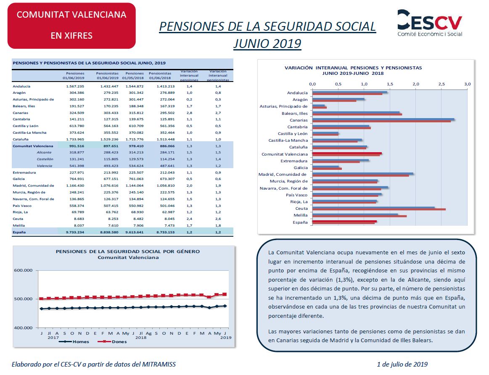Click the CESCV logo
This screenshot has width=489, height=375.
click(429, 23)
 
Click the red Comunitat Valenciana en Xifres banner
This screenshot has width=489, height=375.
click(71, 26)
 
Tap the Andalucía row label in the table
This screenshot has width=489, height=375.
click(21, 86)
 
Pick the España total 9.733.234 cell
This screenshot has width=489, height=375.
click(75, 232)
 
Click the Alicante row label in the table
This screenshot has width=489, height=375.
click(44, 153)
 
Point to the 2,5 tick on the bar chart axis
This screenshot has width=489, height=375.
click(441, 84)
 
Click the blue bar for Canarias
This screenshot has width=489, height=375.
click(383, 119)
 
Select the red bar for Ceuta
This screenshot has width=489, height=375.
click(379, 209)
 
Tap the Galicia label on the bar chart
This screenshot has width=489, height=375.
click(300, 168)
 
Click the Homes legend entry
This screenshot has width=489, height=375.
click(74, 342)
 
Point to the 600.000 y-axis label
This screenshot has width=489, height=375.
click(23, 270)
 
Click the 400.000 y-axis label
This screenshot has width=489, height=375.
click(23, 327)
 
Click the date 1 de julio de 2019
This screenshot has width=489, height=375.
click(402, 364)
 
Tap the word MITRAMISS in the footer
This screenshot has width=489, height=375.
click(159, 364)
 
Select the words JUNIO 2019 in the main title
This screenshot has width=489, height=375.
click(267, 44)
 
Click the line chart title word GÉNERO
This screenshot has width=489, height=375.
click(188, 251)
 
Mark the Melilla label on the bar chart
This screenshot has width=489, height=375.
click(300, 215)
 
